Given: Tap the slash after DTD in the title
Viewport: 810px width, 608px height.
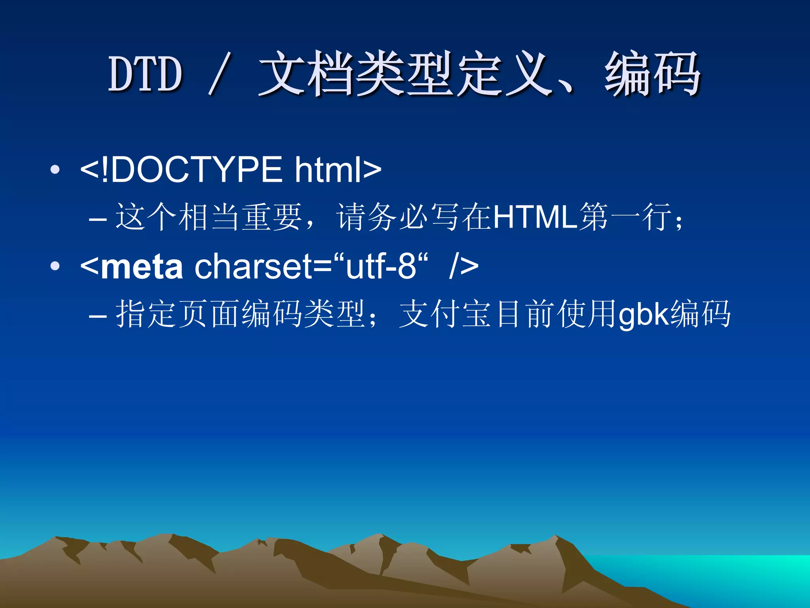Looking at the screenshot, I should tap(218, 74).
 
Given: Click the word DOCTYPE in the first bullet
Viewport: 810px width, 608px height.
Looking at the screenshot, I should tap(197, 169).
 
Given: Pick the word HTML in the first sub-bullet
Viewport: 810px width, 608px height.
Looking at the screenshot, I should tap(536, 217).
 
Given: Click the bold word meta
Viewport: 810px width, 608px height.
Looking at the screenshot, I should tap(142, 266).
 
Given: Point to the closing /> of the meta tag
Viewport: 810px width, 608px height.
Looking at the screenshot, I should tap(464, 266).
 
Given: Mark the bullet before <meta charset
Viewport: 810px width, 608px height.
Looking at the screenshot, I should tap(55, 266).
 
